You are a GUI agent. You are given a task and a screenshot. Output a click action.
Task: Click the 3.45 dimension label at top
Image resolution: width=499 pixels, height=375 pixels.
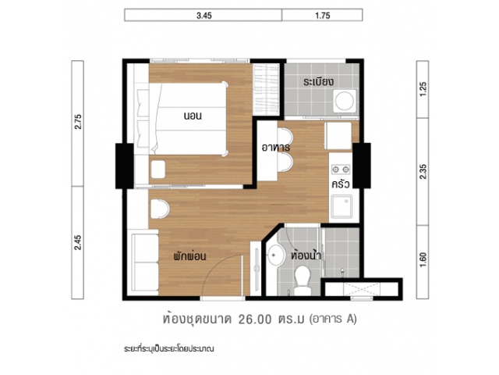204,16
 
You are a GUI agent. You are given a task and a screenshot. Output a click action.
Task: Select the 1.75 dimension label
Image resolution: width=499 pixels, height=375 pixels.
322,16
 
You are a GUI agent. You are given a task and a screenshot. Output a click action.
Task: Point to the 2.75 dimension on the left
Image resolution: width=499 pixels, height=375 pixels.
78,122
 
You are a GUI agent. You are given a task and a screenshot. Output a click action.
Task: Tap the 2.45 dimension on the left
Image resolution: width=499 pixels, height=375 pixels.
78,242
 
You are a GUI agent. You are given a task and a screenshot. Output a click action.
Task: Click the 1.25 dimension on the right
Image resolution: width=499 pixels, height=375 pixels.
423,89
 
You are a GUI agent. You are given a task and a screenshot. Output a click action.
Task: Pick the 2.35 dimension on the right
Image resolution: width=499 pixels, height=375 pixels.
423,172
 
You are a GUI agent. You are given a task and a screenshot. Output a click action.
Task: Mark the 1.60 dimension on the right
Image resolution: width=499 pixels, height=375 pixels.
423,260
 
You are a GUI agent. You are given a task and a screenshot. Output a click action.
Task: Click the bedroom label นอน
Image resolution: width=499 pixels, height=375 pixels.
193,116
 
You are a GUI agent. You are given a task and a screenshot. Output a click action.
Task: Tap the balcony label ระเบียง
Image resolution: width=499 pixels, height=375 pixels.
318,81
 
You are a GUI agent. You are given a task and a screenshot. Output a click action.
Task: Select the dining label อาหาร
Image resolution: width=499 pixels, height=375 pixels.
275,148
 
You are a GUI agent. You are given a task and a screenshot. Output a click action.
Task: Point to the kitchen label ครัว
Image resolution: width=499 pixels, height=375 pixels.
341,184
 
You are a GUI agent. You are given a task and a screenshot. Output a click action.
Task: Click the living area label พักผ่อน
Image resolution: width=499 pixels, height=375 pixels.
189,255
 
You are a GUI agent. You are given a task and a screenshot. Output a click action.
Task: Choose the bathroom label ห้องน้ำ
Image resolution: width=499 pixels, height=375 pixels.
306,255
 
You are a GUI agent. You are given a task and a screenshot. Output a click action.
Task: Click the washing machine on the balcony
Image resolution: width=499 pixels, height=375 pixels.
345,101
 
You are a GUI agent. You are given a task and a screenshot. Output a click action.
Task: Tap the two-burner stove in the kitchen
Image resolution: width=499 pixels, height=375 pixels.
341,169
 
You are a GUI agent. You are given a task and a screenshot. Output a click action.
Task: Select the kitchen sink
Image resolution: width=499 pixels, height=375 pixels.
342,206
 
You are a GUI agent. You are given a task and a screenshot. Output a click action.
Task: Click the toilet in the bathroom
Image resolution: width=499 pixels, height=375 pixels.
303,280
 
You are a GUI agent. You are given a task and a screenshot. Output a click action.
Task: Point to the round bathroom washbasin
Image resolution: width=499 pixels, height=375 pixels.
275,255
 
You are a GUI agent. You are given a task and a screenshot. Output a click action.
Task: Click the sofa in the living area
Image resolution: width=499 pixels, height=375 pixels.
145,262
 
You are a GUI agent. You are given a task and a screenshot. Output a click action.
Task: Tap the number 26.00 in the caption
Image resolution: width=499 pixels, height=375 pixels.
255,320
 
